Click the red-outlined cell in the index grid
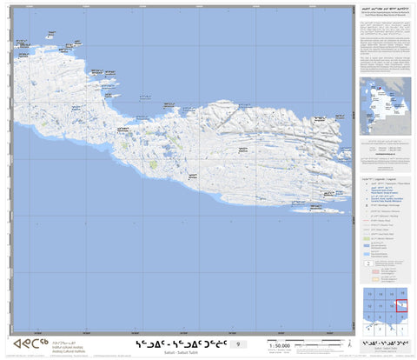400,305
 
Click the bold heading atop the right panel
385,10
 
